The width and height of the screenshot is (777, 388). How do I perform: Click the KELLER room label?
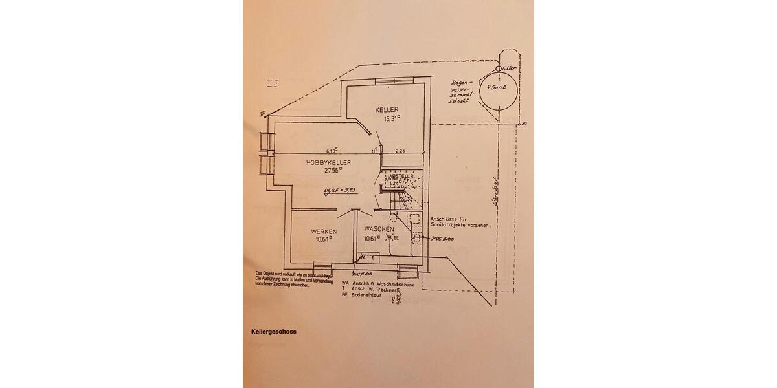point(387,110)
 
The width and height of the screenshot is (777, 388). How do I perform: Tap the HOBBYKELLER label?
point(329,163)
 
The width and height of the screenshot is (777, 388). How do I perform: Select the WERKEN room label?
point(323,231)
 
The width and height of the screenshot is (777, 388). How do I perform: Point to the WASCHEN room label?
point(379,230)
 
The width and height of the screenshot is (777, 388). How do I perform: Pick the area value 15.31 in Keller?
point(392,118)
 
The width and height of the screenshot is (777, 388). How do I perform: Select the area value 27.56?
point(332,171)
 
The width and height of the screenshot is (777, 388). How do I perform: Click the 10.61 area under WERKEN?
point(324,239)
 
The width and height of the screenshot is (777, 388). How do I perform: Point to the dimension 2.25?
point(401,151)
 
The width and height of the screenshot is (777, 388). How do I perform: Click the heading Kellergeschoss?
point(274,332)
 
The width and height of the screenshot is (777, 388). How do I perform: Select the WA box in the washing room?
point(361,258)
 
